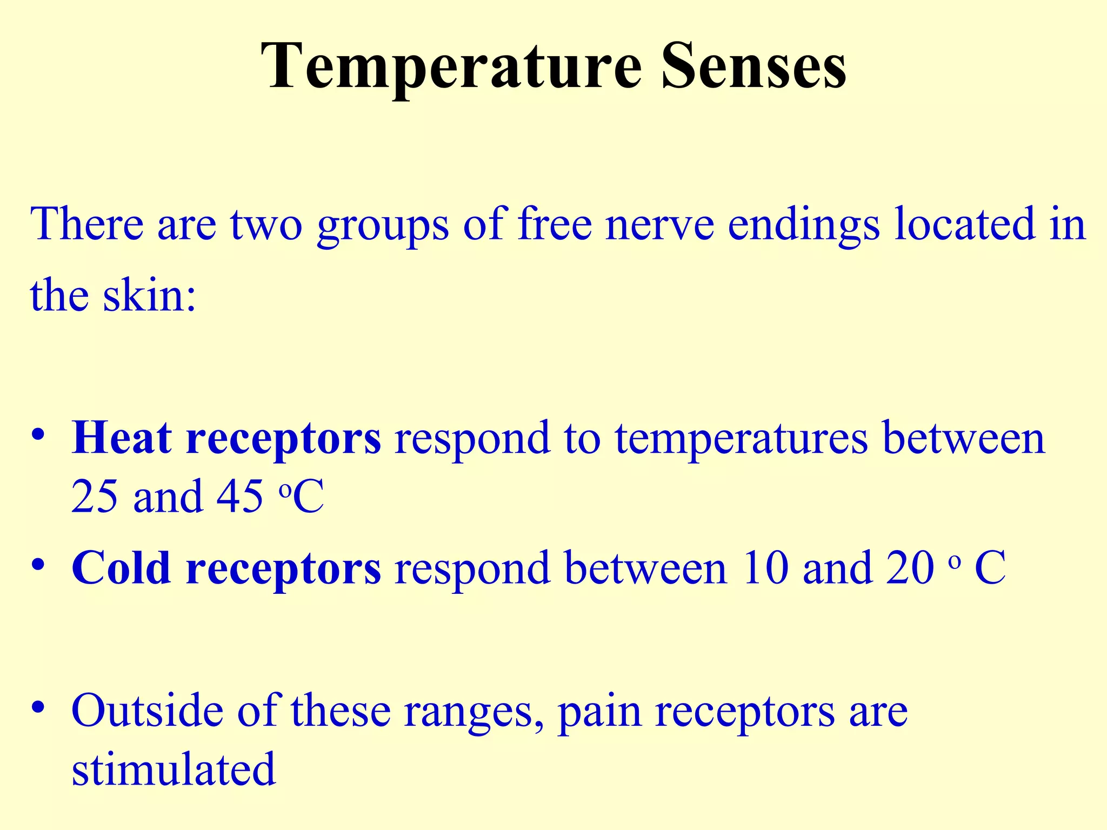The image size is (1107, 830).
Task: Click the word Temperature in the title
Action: coord(451,68)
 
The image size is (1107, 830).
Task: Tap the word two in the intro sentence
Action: coord(266,224)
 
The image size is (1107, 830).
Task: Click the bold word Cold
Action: coord(121,568)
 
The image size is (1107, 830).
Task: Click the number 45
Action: coord(239,496)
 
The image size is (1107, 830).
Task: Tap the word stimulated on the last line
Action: coord(174,769)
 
